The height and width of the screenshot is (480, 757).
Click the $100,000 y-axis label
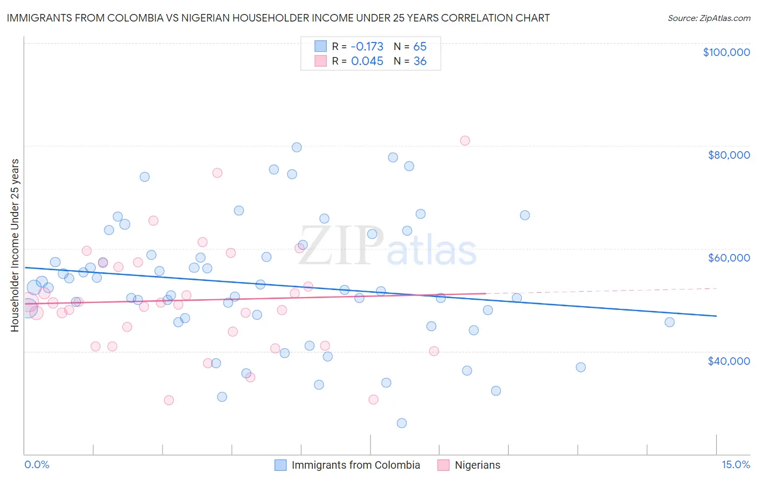point(726,52)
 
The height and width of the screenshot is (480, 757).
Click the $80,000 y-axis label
point(728,155)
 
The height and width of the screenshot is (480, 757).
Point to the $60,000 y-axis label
point(728,258)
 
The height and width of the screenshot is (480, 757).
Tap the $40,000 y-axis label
point(728,361)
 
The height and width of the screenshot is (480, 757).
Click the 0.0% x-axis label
point(37,464)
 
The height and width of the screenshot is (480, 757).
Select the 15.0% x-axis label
point(735,464)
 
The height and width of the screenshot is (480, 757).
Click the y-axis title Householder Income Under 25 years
point(15,245)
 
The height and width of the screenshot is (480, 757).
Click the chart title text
point(278,18)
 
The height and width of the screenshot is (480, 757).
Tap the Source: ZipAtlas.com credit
point(709,18)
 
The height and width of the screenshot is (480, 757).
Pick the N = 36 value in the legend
point(410,61)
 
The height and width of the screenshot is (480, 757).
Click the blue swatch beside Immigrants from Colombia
point(280,465)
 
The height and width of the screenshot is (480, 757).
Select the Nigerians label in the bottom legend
point(477,465)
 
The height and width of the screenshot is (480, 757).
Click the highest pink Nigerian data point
point(465,140)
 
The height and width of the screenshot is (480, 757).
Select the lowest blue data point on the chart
point(402,423)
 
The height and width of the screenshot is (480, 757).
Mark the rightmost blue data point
point(669,322)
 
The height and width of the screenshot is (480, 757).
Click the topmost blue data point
point(297,147)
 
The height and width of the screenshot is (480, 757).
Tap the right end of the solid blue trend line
point(716,316)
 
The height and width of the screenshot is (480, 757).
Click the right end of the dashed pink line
point(716,288)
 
